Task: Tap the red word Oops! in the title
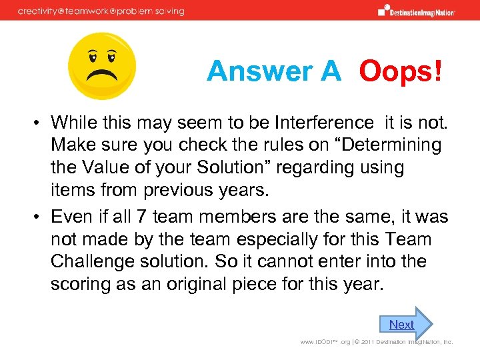coord(400,71)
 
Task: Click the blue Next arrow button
coord(405,324)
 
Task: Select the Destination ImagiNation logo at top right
coord(417,11)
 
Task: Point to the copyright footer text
coord(377,342)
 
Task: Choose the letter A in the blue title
coord(329,71)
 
